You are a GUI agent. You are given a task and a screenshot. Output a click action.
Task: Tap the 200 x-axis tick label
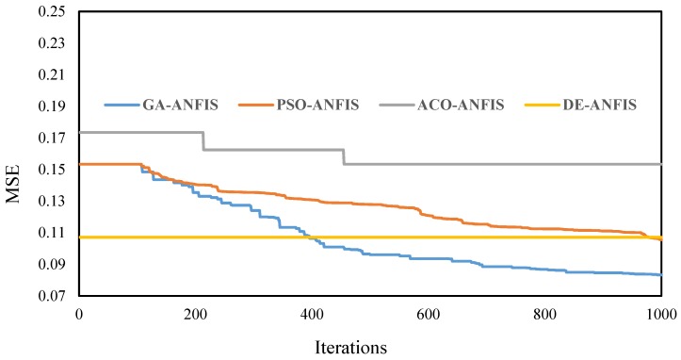[x=195, y=313]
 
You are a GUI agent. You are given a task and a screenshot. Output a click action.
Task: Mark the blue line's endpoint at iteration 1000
[x=661, y=275]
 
